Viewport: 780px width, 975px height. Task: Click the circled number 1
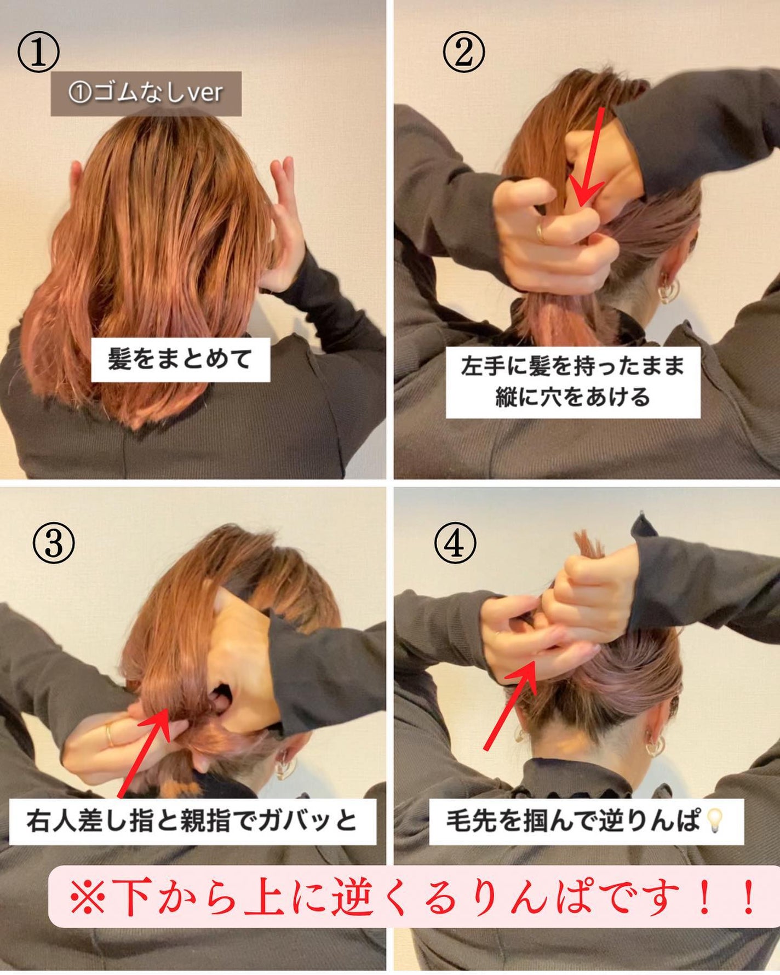click(x=38, y=53)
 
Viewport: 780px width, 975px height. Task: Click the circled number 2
click(x=463, y=53)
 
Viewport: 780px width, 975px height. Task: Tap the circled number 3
click(x=53, y=544)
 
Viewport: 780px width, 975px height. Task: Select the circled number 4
click(x=455, y=544)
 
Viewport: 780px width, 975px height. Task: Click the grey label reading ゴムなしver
click(x=146, y=93)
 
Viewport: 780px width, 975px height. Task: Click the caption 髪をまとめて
click(x=180, y=360)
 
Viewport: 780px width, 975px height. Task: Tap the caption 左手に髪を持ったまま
click(x=573, y=366)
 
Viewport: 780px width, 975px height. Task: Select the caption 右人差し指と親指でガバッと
click(x=192, y=821)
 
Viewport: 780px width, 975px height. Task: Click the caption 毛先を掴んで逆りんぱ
click(x=572, y=821)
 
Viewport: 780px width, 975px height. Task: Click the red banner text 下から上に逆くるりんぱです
click(x=411, y=897)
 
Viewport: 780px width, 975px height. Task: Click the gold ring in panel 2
click(x=541, y=232)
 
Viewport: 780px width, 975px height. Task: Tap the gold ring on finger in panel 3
click(x=110, y=735)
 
